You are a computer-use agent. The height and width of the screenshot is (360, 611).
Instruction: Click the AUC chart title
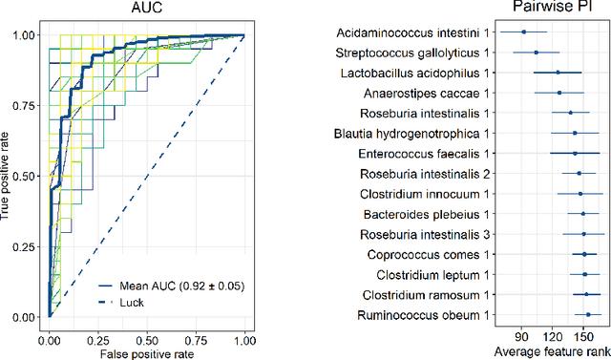pyautogui.click(x=146, y=9)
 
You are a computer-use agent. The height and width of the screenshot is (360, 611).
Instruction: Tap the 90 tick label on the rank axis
pyautogui.click(x=522, y=335)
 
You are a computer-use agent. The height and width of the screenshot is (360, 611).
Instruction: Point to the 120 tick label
pyautogui.click(x=554, y=335)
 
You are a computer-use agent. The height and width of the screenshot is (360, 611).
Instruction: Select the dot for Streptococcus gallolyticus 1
pyautogui.click(x=537, y=53)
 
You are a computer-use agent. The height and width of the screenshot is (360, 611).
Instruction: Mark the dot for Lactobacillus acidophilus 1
pyautogui.click(x=558, y=73)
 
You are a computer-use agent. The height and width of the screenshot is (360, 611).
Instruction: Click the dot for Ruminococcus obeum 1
pyautogui.click(x=587, y=314)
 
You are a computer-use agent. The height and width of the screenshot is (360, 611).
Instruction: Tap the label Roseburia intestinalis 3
pyautogui.click(x=425, y=234)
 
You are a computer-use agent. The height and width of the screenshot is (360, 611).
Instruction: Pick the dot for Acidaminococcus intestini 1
pyautogui.click(x=523, y=32)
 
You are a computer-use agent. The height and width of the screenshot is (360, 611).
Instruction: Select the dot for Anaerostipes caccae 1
pyautogui.click(x=559, y=93)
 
